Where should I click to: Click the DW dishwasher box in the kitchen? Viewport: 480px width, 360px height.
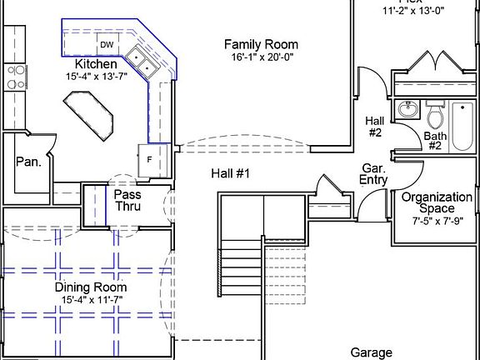click(107, 44)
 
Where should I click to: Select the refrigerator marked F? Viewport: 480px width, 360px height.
click(148, 157)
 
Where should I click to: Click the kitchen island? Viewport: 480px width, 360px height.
click(91, 116)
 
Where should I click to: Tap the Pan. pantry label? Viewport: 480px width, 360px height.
click(28, 162)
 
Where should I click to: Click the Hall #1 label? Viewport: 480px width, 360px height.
click(231, 172)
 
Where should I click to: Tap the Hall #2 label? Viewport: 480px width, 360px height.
click(374, 127)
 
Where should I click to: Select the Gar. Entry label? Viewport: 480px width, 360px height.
click(372, 173)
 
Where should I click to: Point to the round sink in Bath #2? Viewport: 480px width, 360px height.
click(407, 110)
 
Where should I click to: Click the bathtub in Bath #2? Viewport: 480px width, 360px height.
click(462, 125)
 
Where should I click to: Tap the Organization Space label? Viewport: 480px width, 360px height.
click(437, 203)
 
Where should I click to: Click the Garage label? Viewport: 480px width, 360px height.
click(371, 352)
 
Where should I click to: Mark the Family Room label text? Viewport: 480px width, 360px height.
click(261, 44)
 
